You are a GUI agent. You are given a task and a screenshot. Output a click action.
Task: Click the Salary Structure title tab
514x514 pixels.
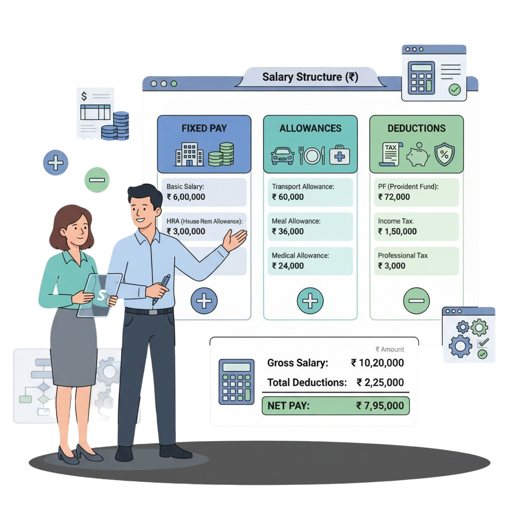click(x=310, y=77)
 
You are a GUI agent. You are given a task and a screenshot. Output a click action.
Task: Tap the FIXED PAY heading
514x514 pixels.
click(x=204, y=128)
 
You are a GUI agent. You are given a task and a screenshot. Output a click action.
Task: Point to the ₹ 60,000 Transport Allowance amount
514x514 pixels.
click(x=288, y=197)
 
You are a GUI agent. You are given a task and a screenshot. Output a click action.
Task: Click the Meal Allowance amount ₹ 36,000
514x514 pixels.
click(x=288, y=231)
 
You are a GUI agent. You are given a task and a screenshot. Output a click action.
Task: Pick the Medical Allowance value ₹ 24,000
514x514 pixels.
click(x=288, y=266)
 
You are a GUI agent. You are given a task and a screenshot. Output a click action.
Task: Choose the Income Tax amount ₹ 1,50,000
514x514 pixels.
click(x=397, y=231)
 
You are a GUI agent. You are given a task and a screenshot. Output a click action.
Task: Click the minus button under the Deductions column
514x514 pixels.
click(x=416, y=301)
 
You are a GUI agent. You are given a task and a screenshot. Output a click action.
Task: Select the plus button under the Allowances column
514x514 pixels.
click(x=310, y=301)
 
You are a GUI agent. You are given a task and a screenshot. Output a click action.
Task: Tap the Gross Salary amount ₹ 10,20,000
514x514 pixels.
click(x=377, y=362)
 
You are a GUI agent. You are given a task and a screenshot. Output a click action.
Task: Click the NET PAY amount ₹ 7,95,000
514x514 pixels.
click(x=379, y=406)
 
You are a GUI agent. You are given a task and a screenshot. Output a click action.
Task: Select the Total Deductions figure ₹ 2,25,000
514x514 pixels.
click(x=380, y=382)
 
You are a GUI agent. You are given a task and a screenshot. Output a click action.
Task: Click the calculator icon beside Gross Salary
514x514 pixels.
click(x=236, y=381)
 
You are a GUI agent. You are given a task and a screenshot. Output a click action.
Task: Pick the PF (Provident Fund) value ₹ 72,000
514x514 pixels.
click(x=394, y=197)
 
